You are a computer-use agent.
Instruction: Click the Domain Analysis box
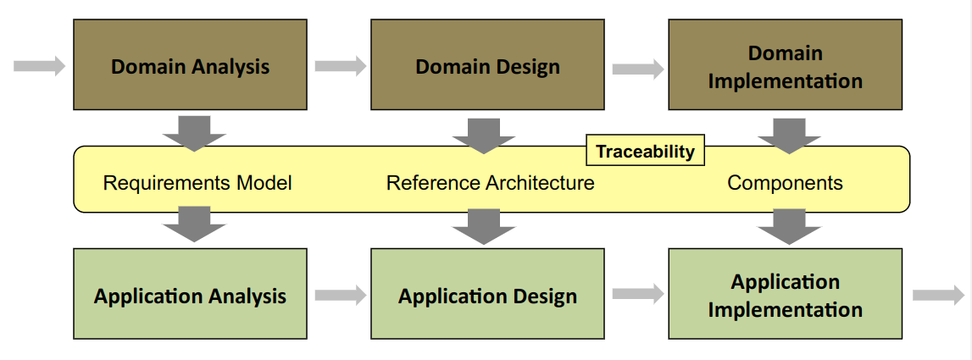tap(190, 64)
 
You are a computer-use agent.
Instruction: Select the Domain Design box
tap(487, 64)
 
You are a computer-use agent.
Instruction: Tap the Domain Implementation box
tap(785, 64)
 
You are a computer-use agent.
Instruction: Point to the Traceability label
tap(645, 152)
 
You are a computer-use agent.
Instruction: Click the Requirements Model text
tap(197, 183)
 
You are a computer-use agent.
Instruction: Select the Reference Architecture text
tap(490, 183)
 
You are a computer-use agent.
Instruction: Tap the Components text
tap(785, 183)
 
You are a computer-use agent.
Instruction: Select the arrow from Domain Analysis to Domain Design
tap(340, 65)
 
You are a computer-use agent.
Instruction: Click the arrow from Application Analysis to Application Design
tap(340, 295)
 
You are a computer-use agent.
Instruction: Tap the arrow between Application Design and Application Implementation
tap(637, 294)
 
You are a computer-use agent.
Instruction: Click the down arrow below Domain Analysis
tap(194, 131)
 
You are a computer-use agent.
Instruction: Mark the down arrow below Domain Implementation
tap(788, 133)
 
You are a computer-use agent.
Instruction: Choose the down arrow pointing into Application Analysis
tap(194, 224)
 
